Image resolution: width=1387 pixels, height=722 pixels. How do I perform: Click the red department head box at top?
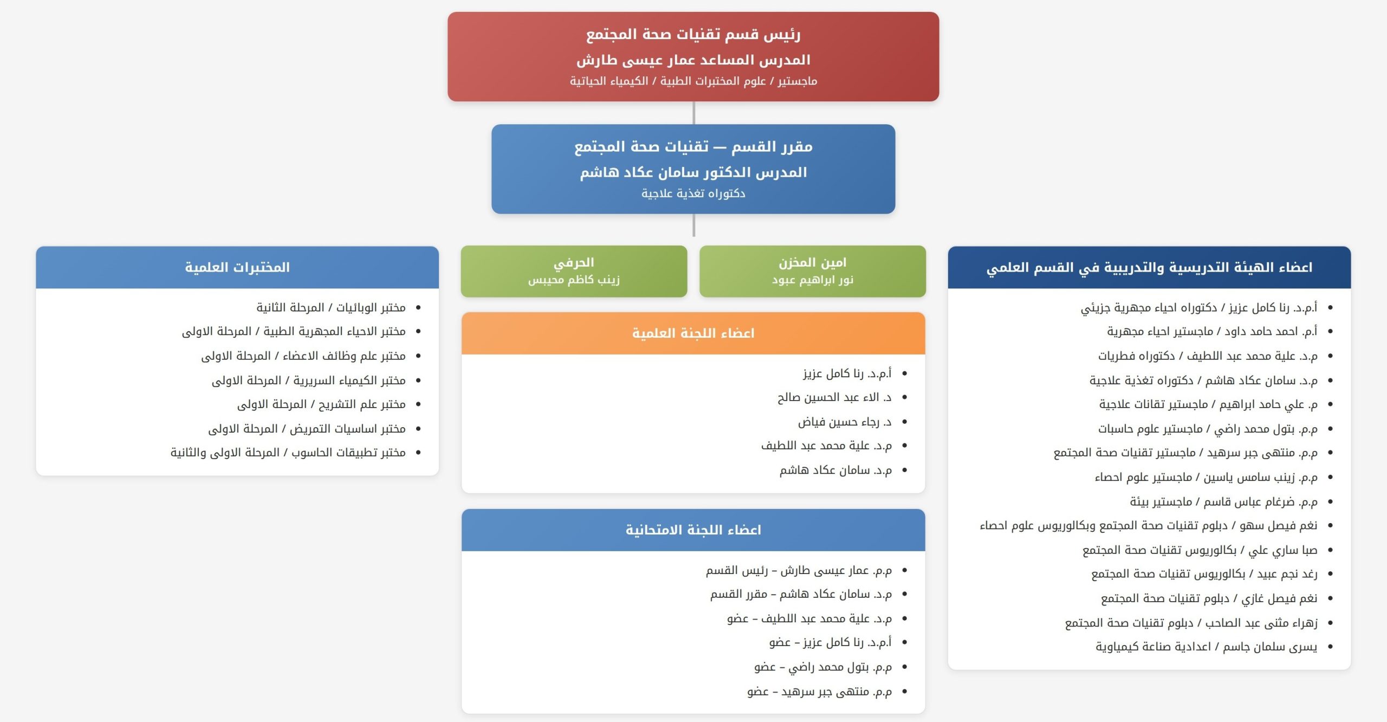693,56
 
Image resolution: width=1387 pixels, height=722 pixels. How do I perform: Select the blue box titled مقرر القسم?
693,169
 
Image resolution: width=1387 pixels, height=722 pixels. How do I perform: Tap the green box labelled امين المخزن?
812,271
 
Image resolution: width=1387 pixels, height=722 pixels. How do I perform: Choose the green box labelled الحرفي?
574,271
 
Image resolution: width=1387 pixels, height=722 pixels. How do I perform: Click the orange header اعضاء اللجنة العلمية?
693,333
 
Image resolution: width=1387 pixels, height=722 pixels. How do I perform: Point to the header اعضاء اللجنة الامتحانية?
693,530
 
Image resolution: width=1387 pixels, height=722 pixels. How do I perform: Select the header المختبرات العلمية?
237,267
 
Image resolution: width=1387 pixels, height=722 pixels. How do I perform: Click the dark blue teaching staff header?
1149,267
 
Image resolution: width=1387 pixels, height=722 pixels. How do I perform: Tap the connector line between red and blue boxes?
693,113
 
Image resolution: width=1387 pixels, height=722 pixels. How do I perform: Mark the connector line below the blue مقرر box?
693,225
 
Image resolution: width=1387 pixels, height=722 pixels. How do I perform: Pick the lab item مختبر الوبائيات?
331,307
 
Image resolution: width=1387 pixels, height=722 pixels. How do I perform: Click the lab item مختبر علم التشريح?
321,404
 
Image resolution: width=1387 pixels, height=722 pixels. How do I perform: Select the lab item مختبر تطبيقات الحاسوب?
288,453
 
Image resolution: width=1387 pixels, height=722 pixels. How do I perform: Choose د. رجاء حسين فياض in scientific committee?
845,422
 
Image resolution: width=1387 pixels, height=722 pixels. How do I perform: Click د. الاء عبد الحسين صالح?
834,397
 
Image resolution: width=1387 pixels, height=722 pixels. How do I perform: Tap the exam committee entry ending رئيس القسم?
799,570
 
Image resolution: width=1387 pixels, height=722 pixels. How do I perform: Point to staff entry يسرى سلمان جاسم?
1207,647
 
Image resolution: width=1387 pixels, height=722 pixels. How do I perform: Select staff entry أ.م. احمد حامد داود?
1212,331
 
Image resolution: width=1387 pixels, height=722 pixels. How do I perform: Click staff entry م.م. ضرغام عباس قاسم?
1223,502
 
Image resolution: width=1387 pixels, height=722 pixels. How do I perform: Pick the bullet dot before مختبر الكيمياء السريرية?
418,381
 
